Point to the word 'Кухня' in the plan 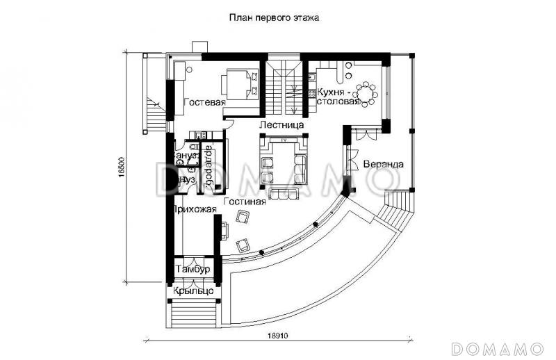click(331, 91)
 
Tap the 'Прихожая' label click(195, 208)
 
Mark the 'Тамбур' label click(193, 269)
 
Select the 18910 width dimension click(279, 335)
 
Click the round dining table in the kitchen click(365, 92)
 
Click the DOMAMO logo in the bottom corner click(496, 347)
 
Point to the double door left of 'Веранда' click(351, 154)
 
